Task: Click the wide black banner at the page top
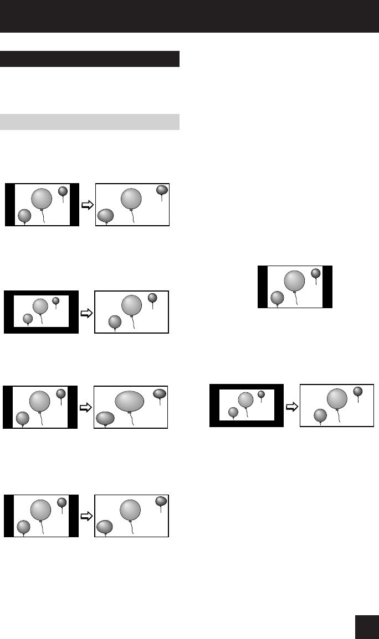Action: (189, 15)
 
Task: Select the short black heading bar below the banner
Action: (90, 59)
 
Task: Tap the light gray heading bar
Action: (90, 122)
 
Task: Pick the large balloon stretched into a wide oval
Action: (129, 401)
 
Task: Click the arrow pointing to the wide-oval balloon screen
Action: (86, 407)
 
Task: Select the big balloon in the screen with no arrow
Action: (294, 280)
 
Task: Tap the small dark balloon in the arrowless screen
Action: (316, 273)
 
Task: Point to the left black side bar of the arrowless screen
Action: (263, 287)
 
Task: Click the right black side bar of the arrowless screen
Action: (327, 287)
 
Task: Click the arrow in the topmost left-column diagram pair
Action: (87, 205)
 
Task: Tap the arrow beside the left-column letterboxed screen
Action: (86, 313)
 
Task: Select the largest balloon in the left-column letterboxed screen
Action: (40, 306)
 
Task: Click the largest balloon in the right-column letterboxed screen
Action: (245, 399)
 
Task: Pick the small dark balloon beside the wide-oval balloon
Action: (160, 393)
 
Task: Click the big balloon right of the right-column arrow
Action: (337, 398)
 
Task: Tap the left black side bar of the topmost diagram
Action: (9, 205)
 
